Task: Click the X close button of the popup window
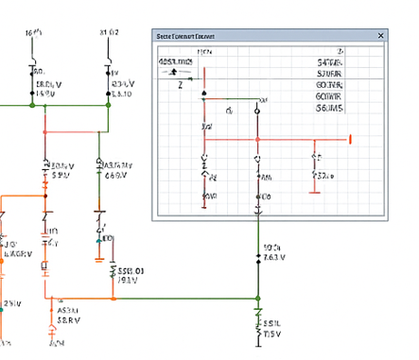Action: [x=381, y=36]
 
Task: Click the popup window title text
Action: [x=184, y=36]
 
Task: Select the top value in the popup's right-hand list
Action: [x=330, y=61]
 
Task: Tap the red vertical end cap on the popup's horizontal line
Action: [x=352, y=139]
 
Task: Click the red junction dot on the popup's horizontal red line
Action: [x=256, y=139]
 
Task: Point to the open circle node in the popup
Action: [x=254, y=111]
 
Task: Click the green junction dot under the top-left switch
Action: [x=33, y=105]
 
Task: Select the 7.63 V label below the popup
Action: [x=271, y=257]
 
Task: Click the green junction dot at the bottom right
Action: [x=257, y=299]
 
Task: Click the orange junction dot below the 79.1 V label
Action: [x=113, y=299]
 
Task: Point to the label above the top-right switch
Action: [x=109, y=32]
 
